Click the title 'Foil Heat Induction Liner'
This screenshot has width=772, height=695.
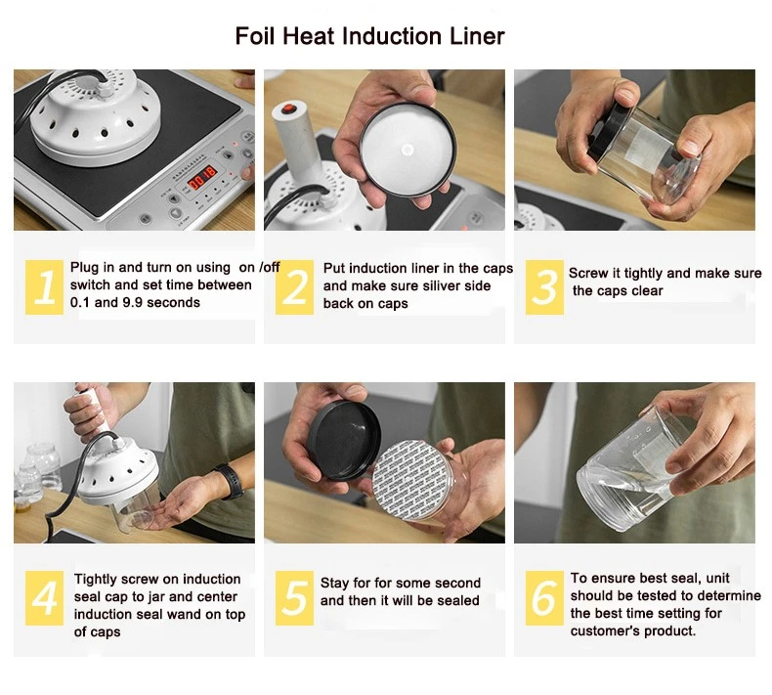(369, 36)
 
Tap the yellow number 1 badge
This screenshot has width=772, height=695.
(44, 287)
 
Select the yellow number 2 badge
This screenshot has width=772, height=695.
(294, 287)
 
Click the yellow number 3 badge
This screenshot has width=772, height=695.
(544, 287)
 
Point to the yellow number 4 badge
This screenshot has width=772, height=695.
(44, 598)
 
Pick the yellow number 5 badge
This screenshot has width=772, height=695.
(294, 598)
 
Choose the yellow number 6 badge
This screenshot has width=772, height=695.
(544, 598)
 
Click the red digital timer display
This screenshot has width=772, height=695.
(202, 178)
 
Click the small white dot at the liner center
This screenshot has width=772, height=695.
(407, 150)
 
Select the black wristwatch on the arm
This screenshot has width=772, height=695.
(231, 481)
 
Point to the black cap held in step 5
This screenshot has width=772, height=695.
(344, 439)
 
